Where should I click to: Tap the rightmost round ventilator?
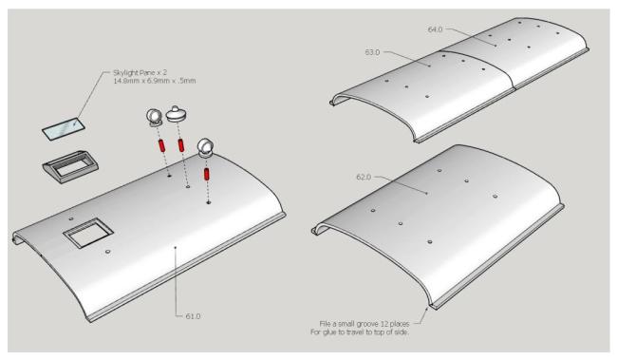click(207, 148)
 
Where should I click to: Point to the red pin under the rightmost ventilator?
click(207, 176)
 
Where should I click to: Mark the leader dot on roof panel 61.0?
click(175, 247)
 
